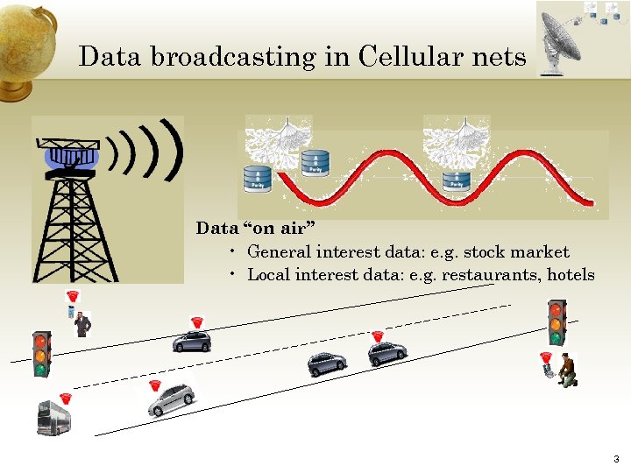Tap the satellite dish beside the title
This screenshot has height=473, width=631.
561,39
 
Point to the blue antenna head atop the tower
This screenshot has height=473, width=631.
72,158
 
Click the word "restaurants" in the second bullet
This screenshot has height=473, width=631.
491,275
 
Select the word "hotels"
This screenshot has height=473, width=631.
571,275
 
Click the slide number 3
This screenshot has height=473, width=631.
616,459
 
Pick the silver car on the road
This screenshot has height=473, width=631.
170,400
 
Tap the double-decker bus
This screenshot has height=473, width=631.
53,418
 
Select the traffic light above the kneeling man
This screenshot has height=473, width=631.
556,321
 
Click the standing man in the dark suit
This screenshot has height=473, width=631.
82,324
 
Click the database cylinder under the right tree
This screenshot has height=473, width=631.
456,180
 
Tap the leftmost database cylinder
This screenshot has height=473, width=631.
257,179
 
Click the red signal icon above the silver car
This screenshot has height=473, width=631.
155,385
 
